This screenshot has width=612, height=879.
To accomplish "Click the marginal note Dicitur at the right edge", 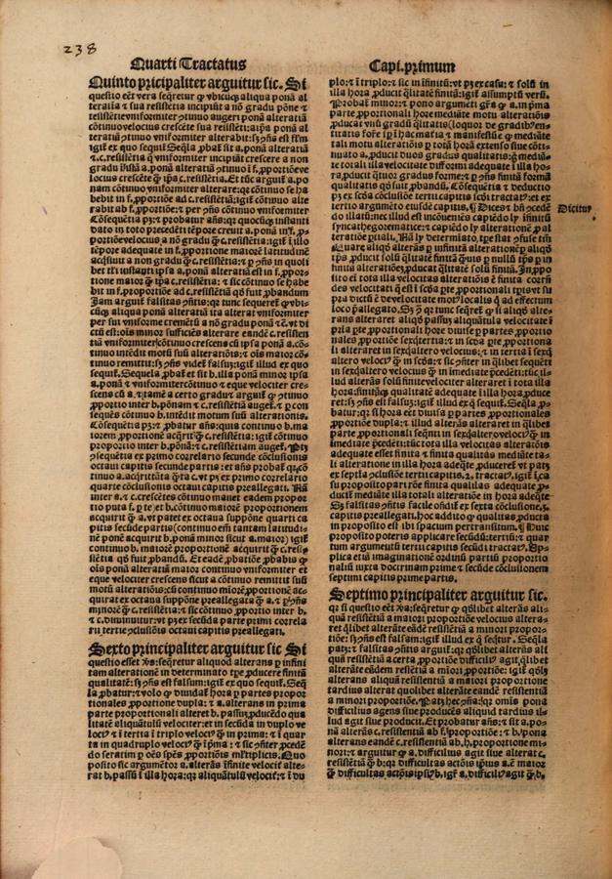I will (x=578, y=208).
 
